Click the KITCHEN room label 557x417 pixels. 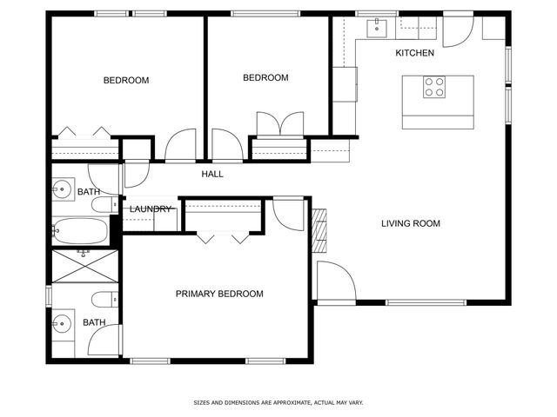point(414,54)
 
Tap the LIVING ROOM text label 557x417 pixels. point(411,224)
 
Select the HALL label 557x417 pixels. point(212,175)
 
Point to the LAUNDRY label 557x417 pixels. point(151,209)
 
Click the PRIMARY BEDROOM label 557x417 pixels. point(219,295)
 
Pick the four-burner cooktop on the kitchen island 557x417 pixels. point(434,87)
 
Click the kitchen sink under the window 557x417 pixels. point(378,26)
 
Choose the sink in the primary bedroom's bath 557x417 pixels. point(62,326)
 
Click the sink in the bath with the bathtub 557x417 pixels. point(62,189)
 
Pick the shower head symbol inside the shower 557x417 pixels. point(84,254)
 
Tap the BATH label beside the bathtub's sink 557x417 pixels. point(89,192)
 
